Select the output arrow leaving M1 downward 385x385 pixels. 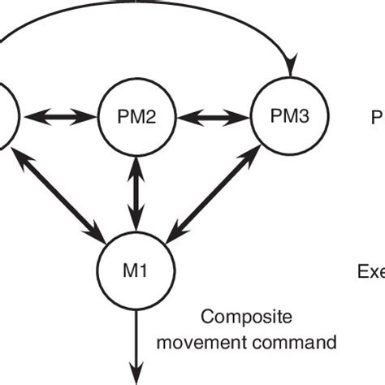tap(134, 333)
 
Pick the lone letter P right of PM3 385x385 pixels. tap(377, 119)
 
